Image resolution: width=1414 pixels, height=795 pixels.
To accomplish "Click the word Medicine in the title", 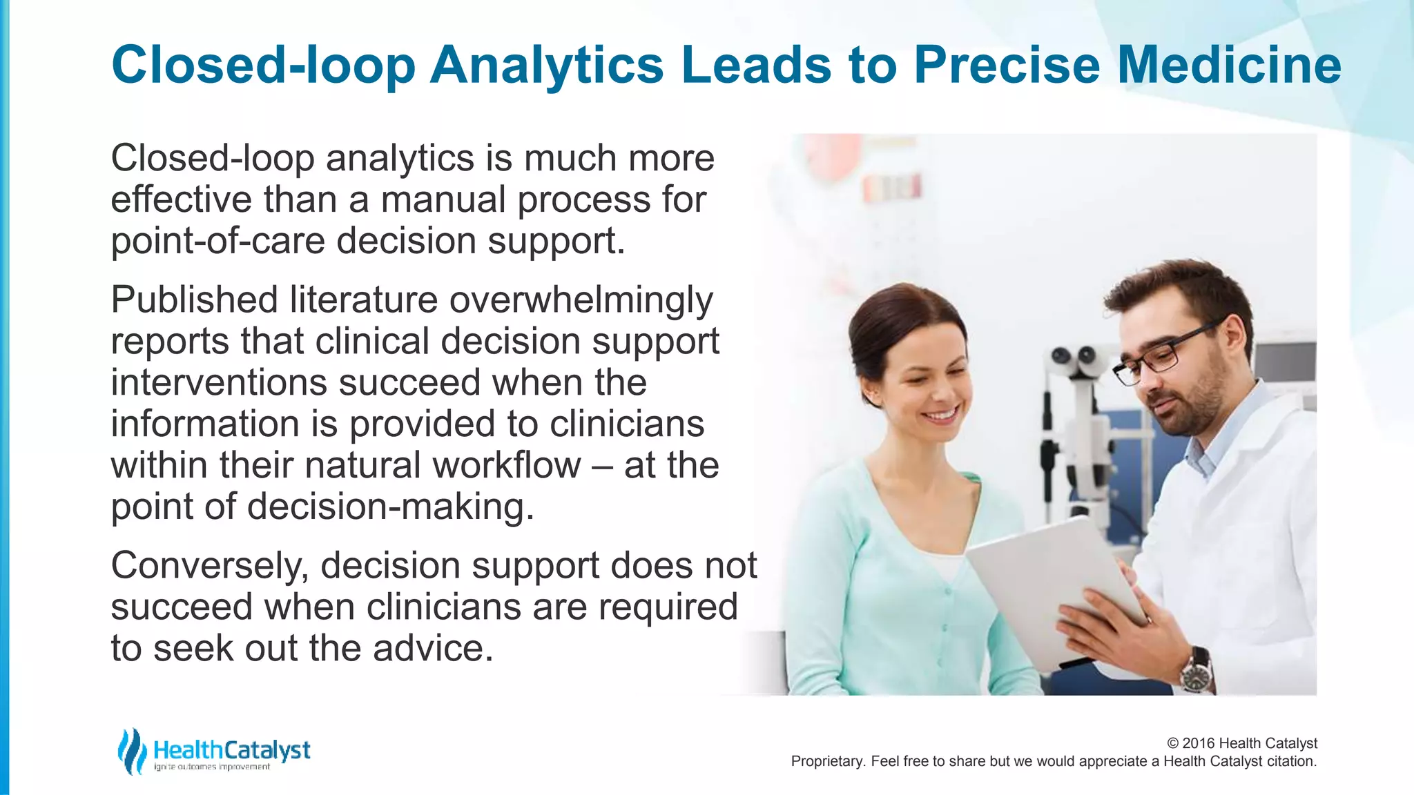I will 1229,65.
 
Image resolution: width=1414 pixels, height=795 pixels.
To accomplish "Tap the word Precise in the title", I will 1007,65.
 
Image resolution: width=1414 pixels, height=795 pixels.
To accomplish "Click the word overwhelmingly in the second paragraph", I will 581,301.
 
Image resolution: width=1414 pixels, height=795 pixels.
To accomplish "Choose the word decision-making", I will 391,507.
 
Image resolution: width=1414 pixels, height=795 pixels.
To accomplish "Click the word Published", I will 193,301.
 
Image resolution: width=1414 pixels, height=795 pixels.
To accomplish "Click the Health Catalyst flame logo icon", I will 131,751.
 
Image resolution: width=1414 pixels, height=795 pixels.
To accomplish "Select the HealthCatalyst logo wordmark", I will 232,750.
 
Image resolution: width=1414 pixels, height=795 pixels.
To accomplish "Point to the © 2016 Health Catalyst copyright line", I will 1241,743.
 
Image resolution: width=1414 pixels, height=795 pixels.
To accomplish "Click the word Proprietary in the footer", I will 827,761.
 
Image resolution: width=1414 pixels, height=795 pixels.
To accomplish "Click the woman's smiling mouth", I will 940,415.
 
